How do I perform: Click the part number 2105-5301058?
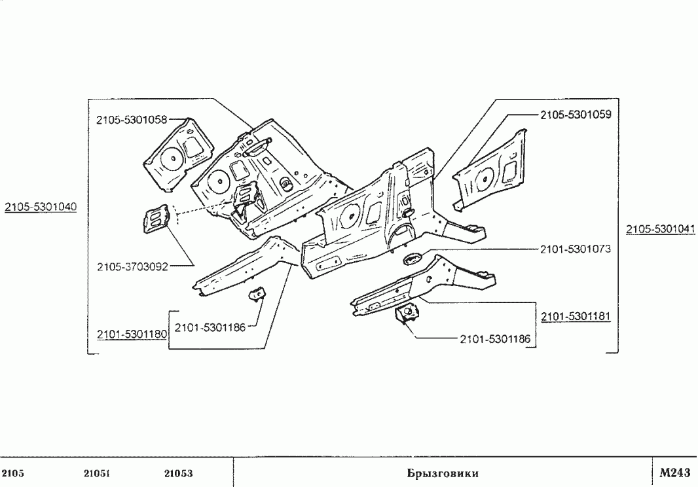(132, 120)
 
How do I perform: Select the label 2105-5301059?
(576, 115)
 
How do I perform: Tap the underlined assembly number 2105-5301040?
(41, 207)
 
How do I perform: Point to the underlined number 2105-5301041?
(661, 229)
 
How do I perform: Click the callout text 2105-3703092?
(133, 266)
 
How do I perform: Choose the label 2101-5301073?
(576, 249)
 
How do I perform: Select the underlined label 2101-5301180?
(132, 334)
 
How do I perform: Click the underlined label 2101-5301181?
(576, 316)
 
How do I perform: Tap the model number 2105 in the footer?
(13, 473)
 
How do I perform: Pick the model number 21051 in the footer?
(97, 473)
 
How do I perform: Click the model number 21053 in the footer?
(179, 473)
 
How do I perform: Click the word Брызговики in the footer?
(443, 473)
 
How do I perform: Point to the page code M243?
(675, 473)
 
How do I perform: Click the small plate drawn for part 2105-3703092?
(155, 219)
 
